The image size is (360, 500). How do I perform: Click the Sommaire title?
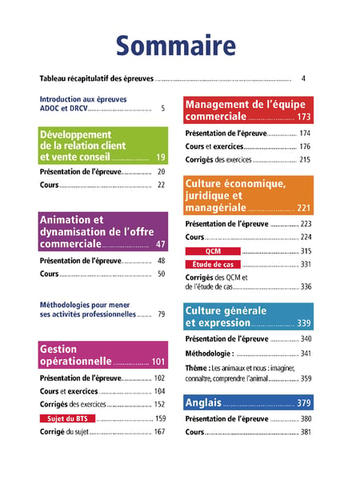pos(176,46)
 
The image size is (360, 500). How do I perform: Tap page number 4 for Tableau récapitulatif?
pos(303,78)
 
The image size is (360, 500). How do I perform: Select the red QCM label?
pos(213,251)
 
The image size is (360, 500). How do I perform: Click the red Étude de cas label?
pos(213,264)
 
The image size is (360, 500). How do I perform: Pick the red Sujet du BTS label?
pos(67,418)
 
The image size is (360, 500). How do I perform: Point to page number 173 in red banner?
pos(303,117)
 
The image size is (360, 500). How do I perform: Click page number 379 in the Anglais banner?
pos(303,403)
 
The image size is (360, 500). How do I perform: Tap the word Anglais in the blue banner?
pos(203,402)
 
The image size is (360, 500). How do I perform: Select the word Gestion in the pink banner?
pos(58,349)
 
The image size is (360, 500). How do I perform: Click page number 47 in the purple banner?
pos(160,244)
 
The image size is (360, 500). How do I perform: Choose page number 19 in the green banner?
pos(160,157)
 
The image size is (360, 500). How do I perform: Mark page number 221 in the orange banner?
pos(303,208)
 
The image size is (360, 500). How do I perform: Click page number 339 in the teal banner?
pos(303,323)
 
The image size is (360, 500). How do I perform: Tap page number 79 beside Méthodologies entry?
pos(162,314)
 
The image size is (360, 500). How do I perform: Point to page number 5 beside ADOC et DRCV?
pos(163,109)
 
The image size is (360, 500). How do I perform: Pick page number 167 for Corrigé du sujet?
pos(159,432)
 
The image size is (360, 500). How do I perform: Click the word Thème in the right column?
pos(196,368)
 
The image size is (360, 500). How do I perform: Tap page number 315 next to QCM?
pos(306,251)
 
